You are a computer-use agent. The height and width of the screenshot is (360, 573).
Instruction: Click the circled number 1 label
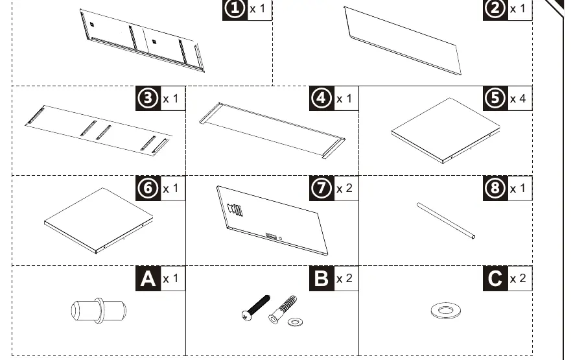(x=235, y=9)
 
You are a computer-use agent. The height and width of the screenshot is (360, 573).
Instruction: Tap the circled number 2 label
(x=495, y=9)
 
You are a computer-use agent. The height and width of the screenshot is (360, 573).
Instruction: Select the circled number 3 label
(x=148, y=98)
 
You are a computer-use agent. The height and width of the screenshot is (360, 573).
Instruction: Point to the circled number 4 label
(x=322, y=98)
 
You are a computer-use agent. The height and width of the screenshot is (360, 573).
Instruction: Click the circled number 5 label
(x=495, y=98)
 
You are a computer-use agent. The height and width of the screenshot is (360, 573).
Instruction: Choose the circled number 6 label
(x=148, y=188)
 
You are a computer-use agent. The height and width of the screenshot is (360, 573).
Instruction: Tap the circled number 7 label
(x=322, y=188)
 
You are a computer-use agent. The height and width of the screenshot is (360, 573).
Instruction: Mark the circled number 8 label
(x=495, y=188)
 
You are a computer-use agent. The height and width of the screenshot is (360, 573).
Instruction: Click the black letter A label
(x=148, y=278)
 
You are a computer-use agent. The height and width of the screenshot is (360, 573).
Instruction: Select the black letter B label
(x=322, y=278)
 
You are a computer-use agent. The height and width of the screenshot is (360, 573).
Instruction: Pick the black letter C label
(x=495, y=278)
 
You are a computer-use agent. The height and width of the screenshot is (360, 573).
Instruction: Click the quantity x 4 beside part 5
(x=518, y=99)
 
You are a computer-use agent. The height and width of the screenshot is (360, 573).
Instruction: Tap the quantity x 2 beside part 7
(x=345, y=188)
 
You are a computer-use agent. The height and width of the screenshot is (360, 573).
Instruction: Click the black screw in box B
(x=256, y=308)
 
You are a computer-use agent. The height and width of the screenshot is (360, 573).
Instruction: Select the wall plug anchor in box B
(x=283, y=309)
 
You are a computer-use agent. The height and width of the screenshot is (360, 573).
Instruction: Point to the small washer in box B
(x=296, y=322)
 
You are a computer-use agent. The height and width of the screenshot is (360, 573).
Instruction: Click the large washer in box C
(x=445, y=311)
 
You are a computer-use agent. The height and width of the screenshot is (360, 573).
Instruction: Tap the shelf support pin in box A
(x=99, y=311)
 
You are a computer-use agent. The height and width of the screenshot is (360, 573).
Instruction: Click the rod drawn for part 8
(x=446, y=221)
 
